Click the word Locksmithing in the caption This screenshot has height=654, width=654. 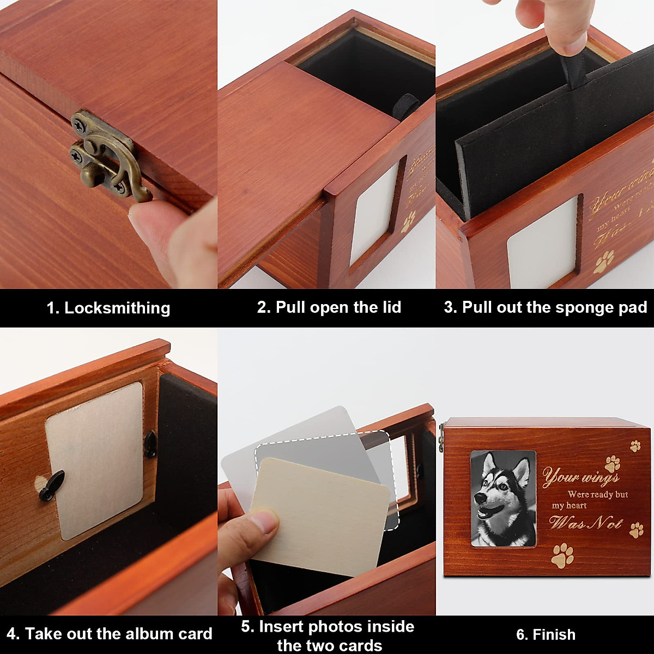coord(117,308)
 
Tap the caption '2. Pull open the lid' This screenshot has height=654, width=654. coord(329,307)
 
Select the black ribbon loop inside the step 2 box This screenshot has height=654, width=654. coord(406,104)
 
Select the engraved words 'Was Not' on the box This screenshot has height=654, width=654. coord(586,523)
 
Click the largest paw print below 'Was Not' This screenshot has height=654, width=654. coord(562,555)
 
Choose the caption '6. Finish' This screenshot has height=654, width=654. coord(546,634)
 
